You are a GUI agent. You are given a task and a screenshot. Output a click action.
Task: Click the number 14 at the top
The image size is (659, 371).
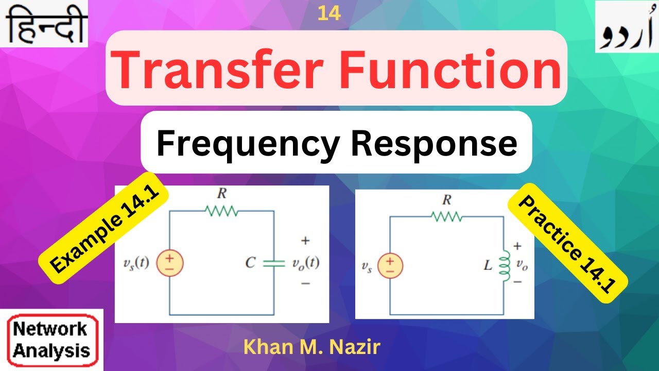[329, 13]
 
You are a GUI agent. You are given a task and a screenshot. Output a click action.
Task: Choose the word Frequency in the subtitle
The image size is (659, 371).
[248, 144]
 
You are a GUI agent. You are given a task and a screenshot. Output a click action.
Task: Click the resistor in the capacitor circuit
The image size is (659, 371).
[221, 211]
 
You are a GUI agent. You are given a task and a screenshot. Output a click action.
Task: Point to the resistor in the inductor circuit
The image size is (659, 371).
[446, 217]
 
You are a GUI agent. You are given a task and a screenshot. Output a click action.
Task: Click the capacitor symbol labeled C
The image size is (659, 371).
[273, 263]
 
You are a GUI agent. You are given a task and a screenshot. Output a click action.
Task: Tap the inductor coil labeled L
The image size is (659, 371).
[505, 266]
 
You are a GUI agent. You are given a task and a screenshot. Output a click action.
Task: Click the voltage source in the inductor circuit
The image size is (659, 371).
[390, 266]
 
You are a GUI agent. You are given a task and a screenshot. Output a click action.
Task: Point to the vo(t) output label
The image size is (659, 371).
[305, 263]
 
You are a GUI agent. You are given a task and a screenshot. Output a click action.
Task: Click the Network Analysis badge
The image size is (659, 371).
[51, 340]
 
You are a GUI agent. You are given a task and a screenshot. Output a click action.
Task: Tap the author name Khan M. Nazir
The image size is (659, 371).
[312, 347]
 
